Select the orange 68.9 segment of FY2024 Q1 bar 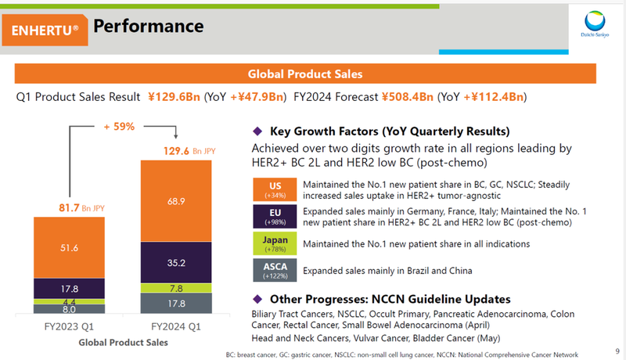[175, 201]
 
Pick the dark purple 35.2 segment [175, 262]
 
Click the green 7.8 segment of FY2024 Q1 [175, 288]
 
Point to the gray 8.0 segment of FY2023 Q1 [68, 309]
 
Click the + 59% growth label [119, 126]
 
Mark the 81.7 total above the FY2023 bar [67, 208]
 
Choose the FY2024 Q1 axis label [175, 326]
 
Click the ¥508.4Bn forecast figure [408, 98]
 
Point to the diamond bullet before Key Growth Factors [257, 131]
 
